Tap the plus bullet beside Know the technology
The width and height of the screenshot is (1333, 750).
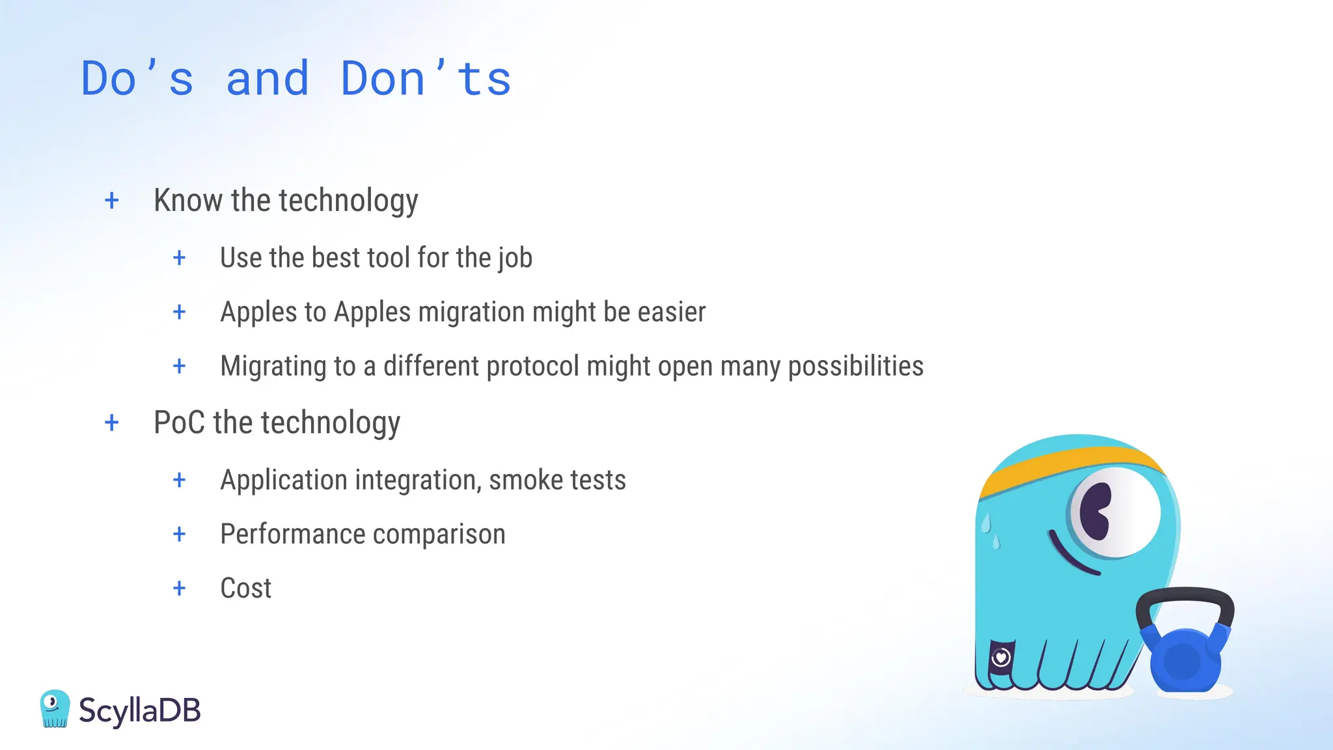(x=112, y=201)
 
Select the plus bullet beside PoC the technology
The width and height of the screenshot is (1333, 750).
(x=112, y=423)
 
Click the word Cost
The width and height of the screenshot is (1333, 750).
(x=245, y=589)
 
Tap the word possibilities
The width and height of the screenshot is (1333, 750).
(x=855, y=367)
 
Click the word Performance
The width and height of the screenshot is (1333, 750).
(x=292, y=535)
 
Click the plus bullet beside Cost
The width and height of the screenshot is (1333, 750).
(x=180, y=589)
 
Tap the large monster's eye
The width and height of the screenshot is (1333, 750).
(x=1114, y=512)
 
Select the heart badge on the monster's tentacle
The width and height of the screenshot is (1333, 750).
(x=1001, y=658)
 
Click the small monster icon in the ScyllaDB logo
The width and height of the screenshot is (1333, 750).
(x=55, y=708)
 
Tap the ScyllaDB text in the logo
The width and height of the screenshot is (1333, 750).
(x=139, y=710)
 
